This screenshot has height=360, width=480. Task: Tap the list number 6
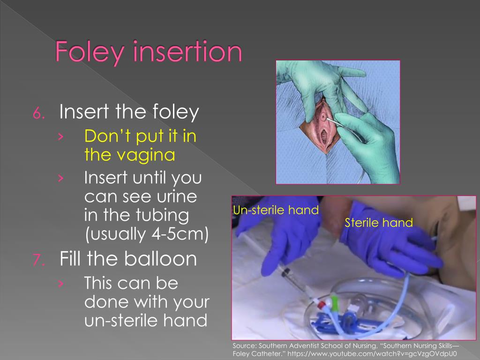pyautogui.click(x=38, y=113)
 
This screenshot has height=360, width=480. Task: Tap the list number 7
pyautogui.click(x=38, y=260)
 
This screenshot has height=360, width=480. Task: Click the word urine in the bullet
pyautogui.click(x=176, y=197)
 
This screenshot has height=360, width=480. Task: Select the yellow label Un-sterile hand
pyautogui.click(x=276, y=210)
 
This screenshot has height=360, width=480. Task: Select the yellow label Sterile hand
pyautogui.click(x=379, y=223)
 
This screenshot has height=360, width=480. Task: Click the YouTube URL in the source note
pyautogui.click(x=372, y=354)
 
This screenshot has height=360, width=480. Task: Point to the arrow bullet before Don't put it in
pyautogui.click(x=61, y=137)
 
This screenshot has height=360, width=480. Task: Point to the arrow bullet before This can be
pyautogui.click(x=61, y=284)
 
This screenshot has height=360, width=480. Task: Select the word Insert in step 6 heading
pyautogui.click(x=84, y=112)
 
